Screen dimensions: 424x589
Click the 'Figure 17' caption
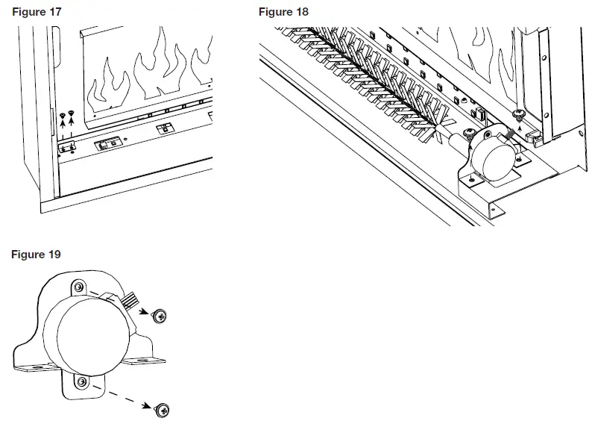(x=37, y=12)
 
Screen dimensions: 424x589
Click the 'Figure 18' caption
(x=283, y=12)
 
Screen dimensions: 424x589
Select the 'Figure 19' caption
(x=36, y=255)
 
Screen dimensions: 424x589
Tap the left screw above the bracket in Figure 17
(x=63, y=116)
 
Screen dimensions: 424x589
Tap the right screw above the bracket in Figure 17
(x=72, y=113)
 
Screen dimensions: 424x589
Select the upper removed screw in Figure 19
(x=160, y=316)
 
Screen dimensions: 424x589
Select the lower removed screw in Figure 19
(x=163, y=409)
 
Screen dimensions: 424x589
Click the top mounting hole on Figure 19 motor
(x=80, y=287)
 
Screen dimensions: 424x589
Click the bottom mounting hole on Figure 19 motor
(x=82, y=383)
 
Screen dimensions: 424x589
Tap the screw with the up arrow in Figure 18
(x=518, y=113)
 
